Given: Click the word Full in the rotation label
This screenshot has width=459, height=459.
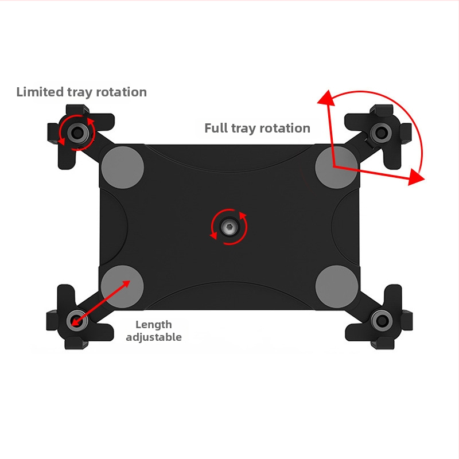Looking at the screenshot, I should (216, 128).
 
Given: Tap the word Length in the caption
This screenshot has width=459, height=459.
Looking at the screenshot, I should (153, 325).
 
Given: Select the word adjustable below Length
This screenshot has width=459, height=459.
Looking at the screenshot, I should (154, 337).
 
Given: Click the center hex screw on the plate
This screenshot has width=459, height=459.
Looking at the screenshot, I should (229, 228).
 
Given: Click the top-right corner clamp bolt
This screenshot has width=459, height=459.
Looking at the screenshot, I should (379, 133).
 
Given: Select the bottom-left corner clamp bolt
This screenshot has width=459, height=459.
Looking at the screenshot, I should (75, 320).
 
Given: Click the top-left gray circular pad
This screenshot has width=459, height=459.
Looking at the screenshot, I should (122, 167).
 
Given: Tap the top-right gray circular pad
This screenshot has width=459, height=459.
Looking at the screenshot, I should (337, 167).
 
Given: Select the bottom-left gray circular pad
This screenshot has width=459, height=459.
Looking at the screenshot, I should (122, 286).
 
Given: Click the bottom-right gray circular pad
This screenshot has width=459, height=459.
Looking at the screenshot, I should (337, 286).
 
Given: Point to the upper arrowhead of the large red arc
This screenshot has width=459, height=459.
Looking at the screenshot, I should (326, 98).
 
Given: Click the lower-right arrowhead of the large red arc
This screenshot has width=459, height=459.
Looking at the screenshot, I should (417, 178).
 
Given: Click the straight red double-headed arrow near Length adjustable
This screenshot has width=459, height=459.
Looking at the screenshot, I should (100, 302).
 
